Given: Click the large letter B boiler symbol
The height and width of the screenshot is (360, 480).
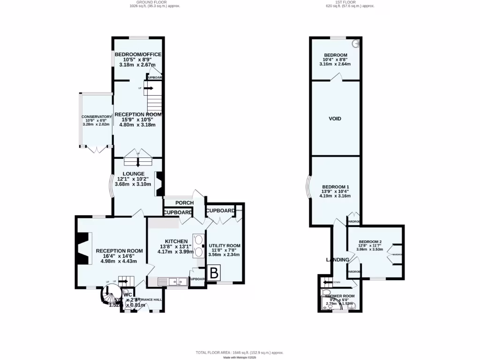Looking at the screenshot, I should point(213,273).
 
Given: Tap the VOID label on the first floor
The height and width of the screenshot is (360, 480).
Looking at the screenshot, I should point(335,119).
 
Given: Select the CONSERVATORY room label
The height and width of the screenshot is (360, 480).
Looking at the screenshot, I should point(97,117).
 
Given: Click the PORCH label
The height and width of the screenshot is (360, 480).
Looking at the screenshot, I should point(185,202).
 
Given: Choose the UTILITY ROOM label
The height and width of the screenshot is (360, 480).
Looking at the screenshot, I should point(224,246).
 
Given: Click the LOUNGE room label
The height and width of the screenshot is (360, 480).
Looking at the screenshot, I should point(134,174).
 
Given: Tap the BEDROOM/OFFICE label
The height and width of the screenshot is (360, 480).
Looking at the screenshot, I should point(139,54).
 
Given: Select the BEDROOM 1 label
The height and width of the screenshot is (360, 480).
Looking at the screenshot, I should point(335,187).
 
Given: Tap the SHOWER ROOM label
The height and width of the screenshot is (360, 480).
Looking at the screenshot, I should point(340,296).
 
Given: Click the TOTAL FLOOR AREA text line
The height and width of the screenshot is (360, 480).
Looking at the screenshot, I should point(240,352).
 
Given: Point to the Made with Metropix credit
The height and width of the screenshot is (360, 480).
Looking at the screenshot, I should point(240,357).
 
